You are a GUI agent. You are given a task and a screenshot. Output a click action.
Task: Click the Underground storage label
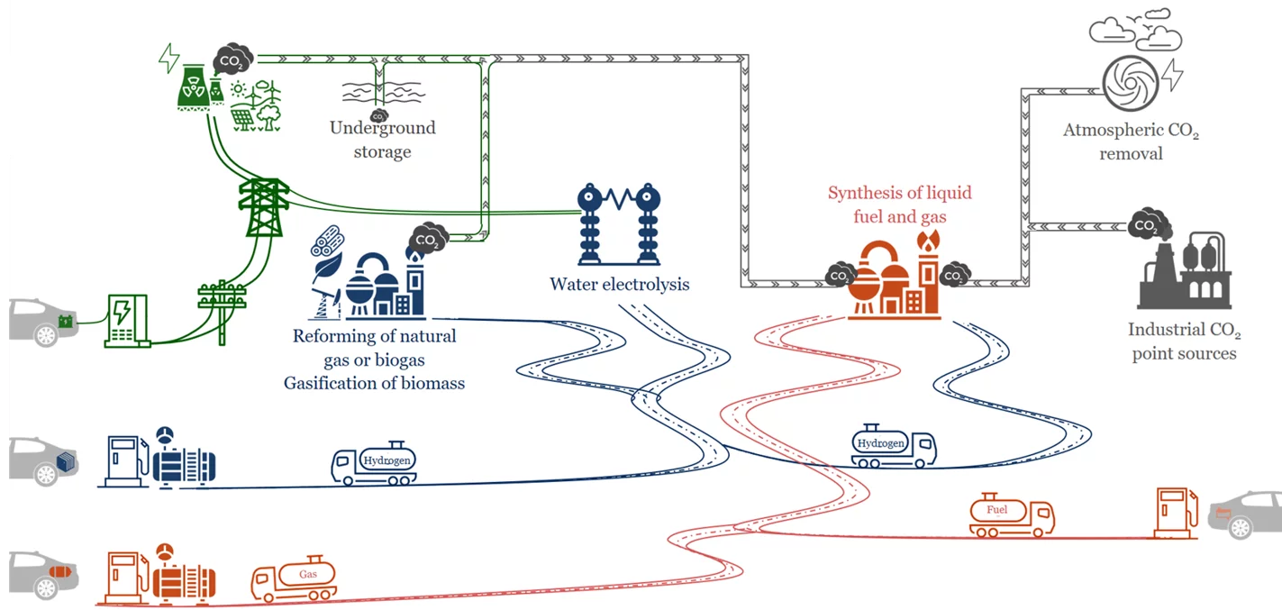coord(382,140)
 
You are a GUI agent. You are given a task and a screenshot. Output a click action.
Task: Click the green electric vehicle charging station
coord(126,320)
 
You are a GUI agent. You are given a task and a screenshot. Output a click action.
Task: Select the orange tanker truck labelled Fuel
coord(1011,514)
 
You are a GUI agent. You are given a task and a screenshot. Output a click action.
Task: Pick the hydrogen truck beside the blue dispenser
coord(374,463)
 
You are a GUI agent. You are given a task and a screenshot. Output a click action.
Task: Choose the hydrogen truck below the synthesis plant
coord(893,446)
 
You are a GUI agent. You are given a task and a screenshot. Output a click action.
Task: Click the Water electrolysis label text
coord(619,285)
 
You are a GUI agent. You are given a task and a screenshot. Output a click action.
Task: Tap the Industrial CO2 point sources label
coord(1184,342)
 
